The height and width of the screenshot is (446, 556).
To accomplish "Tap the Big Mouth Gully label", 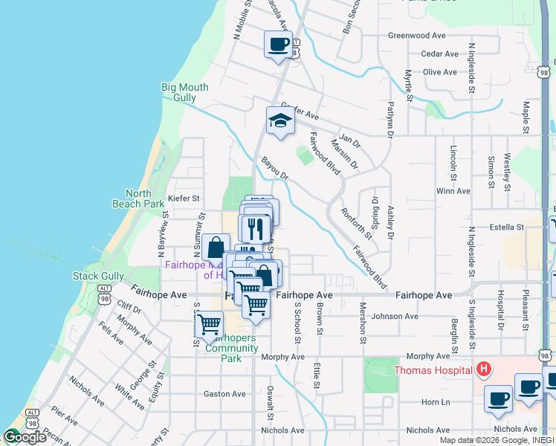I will pos(180,92).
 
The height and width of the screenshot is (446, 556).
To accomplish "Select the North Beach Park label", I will pos(138,198).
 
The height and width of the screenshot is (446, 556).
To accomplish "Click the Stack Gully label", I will pos(98,277).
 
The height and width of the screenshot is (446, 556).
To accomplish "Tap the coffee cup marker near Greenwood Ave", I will pos(278,44).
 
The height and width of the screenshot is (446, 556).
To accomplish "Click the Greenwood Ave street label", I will pos(416,35).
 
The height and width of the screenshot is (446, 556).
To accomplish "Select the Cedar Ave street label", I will pos(439,54).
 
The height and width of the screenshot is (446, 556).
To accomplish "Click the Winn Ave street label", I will pos(453,191).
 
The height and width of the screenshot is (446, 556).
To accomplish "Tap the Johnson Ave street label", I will pos(395,316).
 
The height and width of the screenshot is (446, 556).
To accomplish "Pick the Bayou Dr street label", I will pos(274,168).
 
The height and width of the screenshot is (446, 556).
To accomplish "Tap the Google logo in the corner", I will pos(24,437).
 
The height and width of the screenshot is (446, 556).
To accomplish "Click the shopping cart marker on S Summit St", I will pos(209,324).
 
